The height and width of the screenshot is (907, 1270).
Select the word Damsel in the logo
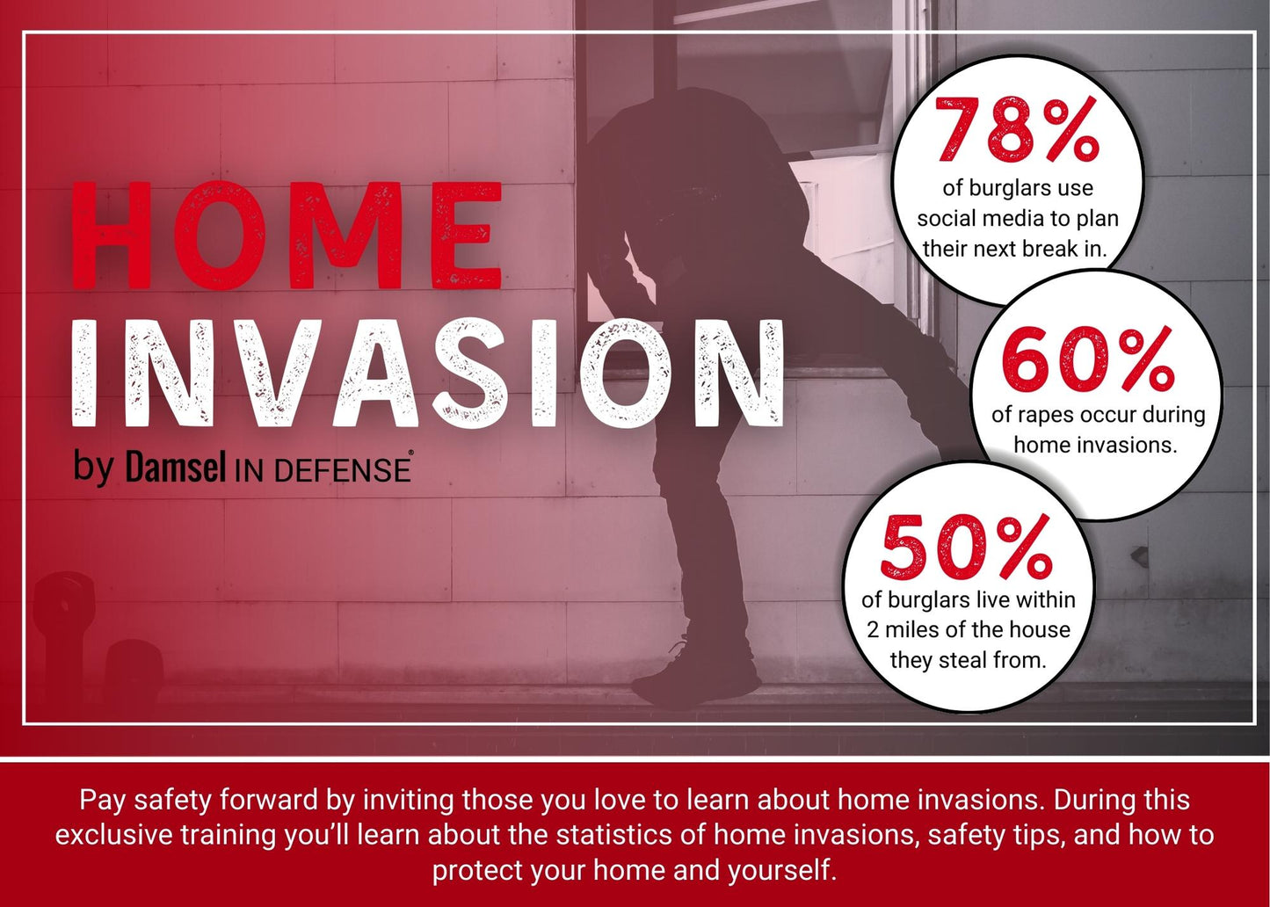click(176, 468)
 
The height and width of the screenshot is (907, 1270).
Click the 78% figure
click(1017, 131)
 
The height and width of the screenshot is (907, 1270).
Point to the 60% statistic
click(1088, 359)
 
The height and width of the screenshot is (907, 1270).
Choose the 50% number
click(967, 548)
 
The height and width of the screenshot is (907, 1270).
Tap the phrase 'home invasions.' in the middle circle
click(1094, 445)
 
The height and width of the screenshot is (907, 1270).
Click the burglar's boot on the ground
click(694, 681)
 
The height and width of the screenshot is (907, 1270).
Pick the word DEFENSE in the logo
click(343, 470)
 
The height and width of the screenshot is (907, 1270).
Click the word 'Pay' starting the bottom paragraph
click(98, 800)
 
